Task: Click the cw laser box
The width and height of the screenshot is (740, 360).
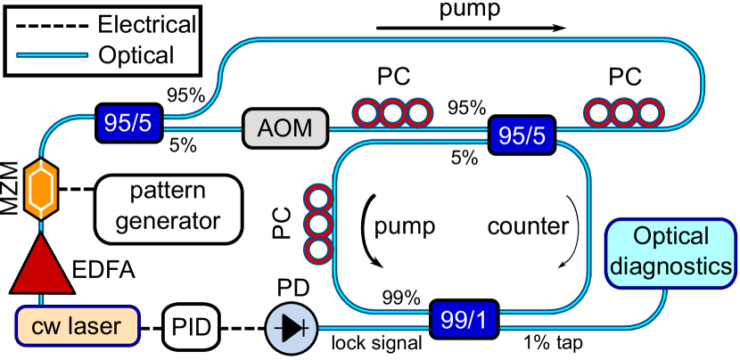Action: click(x=76, y=327)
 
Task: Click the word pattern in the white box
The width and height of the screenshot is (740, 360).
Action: click(x=168, y=192)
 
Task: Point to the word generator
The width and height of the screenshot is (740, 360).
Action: click(x=168, y=219)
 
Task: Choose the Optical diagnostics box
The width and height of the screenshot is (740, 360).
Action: click(x=670, y=252)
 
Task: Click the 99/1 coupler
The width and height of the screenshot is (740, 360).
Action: click(x=464, y=318)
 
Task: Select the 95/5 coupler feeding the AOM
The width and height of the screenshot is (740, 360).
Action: click(x=128, y=124)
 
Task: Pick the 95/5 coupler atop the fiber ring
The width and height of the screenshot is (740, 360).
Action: click(x=523, y=137)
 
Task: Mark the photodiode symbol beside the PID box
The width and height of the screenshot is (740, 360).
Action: click(x=292, y=329)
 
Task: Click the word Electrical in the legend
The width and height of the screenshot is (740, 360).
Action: click(x=147, y=22)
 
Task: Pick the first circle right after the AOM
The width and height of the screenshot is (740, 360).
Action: click(x=366, y=113)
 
